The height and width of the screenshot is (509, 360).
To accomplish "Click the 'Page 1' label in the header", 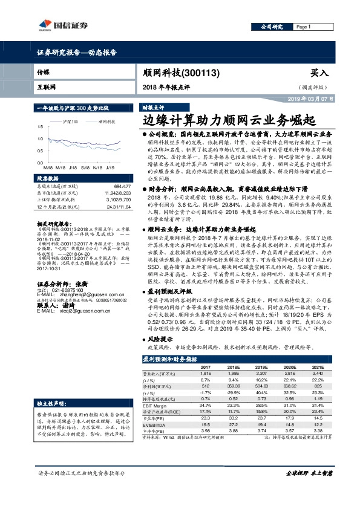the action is (x=303, y=27).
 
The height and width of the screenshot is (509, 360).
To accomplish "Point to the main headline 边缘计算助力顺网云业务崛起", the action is (x=228, y=118).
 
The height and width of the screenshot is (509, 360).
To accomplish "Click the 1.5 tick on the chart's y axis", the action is (x=40, y=127).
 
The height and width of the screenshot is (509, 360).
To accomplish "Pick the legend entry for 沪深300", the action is (x=71, y=122).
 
